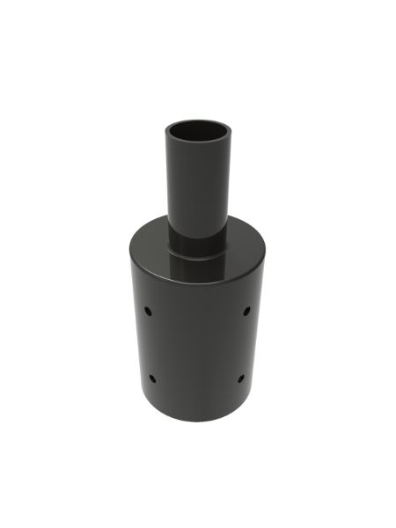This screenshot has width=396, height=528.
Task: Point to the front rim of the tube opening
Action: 197,148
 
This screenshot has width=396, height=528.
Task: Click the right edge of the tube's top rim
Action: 228,135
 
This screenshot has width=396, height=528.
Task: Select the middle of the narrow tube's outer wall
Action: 197,189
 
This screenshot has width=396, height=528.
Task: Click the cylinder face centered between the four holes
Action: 197,345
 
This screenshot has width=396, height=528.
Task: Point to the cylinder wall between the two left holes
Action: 150,345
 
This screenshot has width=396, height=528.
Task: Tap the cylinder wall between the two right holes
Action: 244,345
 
